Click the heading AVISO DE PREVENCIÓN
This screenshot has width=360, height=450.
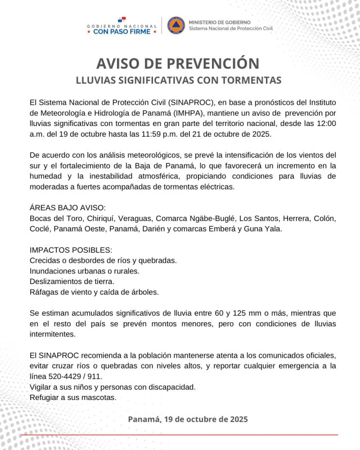(x=179, y=62)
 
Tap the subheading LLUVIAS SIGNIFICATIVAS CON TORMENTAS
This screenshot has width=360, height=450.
(x=179, y=80)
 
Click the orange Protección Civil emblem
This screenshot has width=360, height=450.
(x=176, y=25)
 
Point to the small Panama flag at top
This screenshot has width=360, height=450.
(x=122, y=19)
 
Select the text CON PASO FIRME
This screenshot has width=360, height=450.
(x=121, y=31)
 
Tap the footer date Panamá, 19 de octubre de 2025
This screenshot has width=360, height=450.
(x=187, y=419)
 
